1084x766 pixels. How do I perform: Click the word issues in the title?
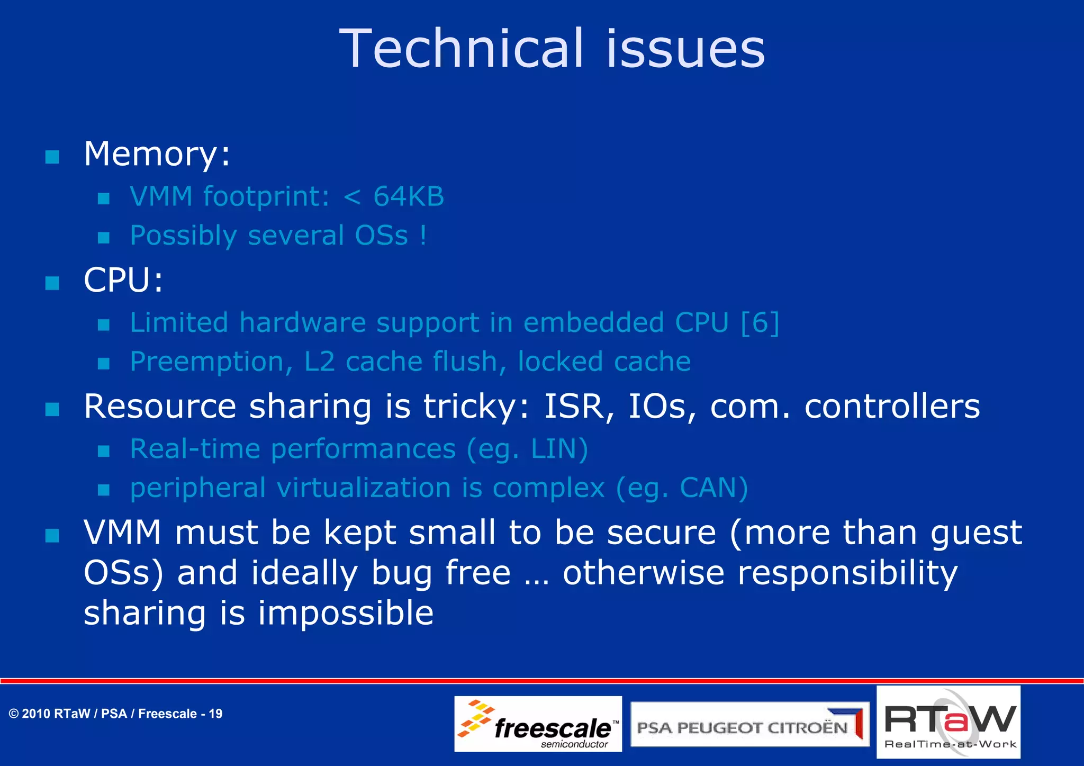pos(685,49)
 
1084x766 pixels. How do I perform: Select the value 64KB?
pos(409,196)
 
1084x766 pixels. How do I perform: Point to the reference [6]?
pos(760,322)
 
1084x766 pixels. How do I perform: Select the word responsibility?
pos(847,573)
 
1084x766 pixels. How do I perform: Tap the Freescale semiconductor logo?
pos(538,724)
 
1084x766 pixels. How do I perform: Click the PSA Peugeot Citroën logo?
pos(749,725)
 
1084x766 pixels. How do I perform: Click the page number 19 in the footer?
pos(215,714)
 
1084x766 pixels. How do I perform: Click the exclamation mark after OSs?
pos(423,235)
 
